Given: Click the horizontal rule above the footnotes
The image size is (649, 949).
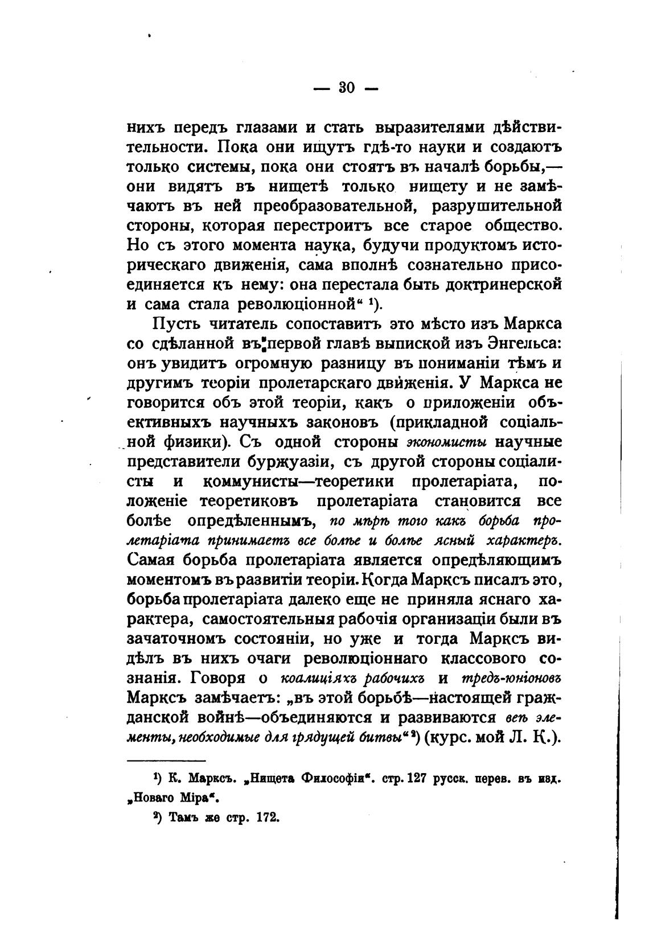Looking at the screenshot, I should (165, 761).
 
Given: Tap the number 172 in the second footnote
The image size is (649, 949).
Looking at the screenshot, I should (262, 817).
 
